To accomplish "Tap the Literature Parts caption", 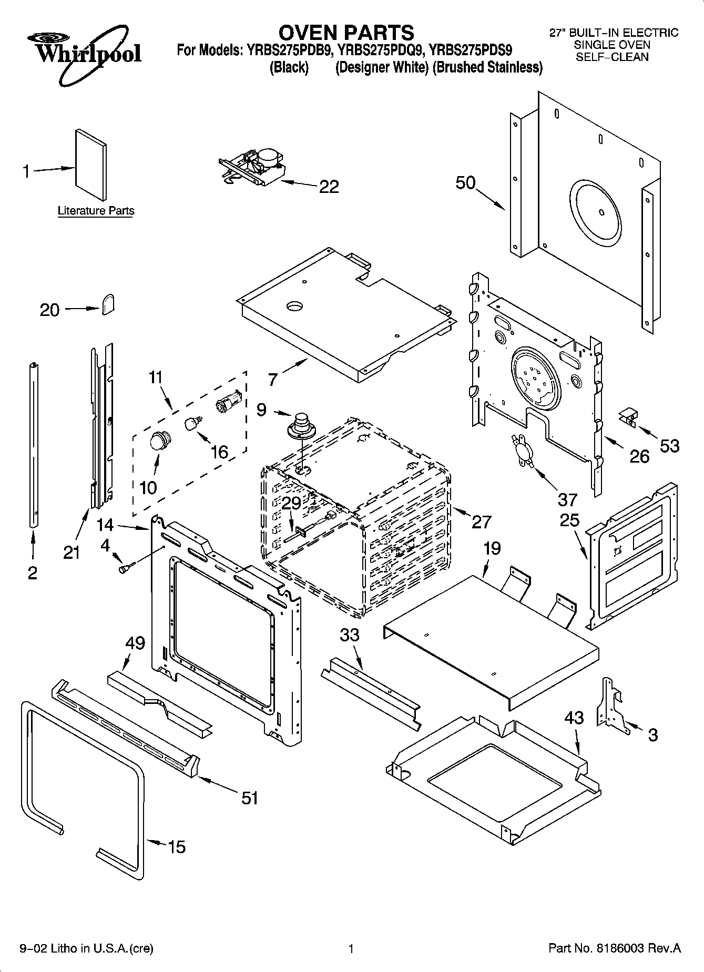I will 96,211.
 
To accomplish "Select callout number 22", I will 329,187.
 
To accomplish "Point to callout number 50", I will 465,183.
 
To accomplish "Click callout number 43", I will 574,718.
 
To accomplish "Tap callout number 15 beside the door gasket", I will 177,847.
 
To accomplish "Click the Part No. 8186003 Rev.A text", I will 614,948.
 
